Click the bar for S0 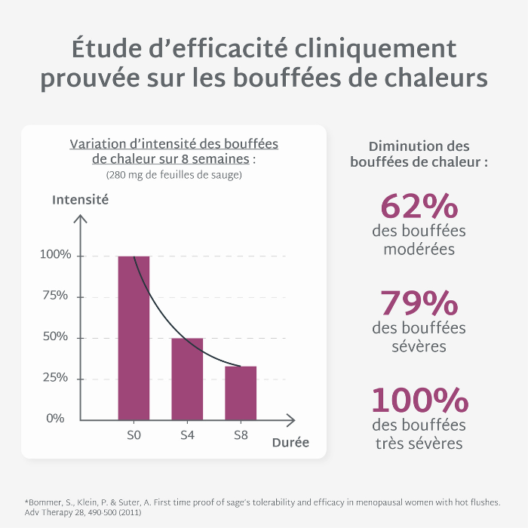point(134,338)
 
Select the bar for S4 point(187,379)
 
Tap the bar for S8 point(241,392)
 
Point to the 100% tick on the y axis point(56,256)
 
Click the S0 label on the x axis point(134,436)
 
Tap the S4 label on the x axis point(187,436)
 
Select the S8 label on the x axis point(241,436)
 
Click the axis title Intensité point(80,200)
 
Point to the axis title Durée point(290,443)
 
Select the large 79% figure point(419,304)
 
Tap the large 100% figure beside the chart point(419,401)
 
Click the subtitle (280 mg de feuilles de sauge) point(173,175)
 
